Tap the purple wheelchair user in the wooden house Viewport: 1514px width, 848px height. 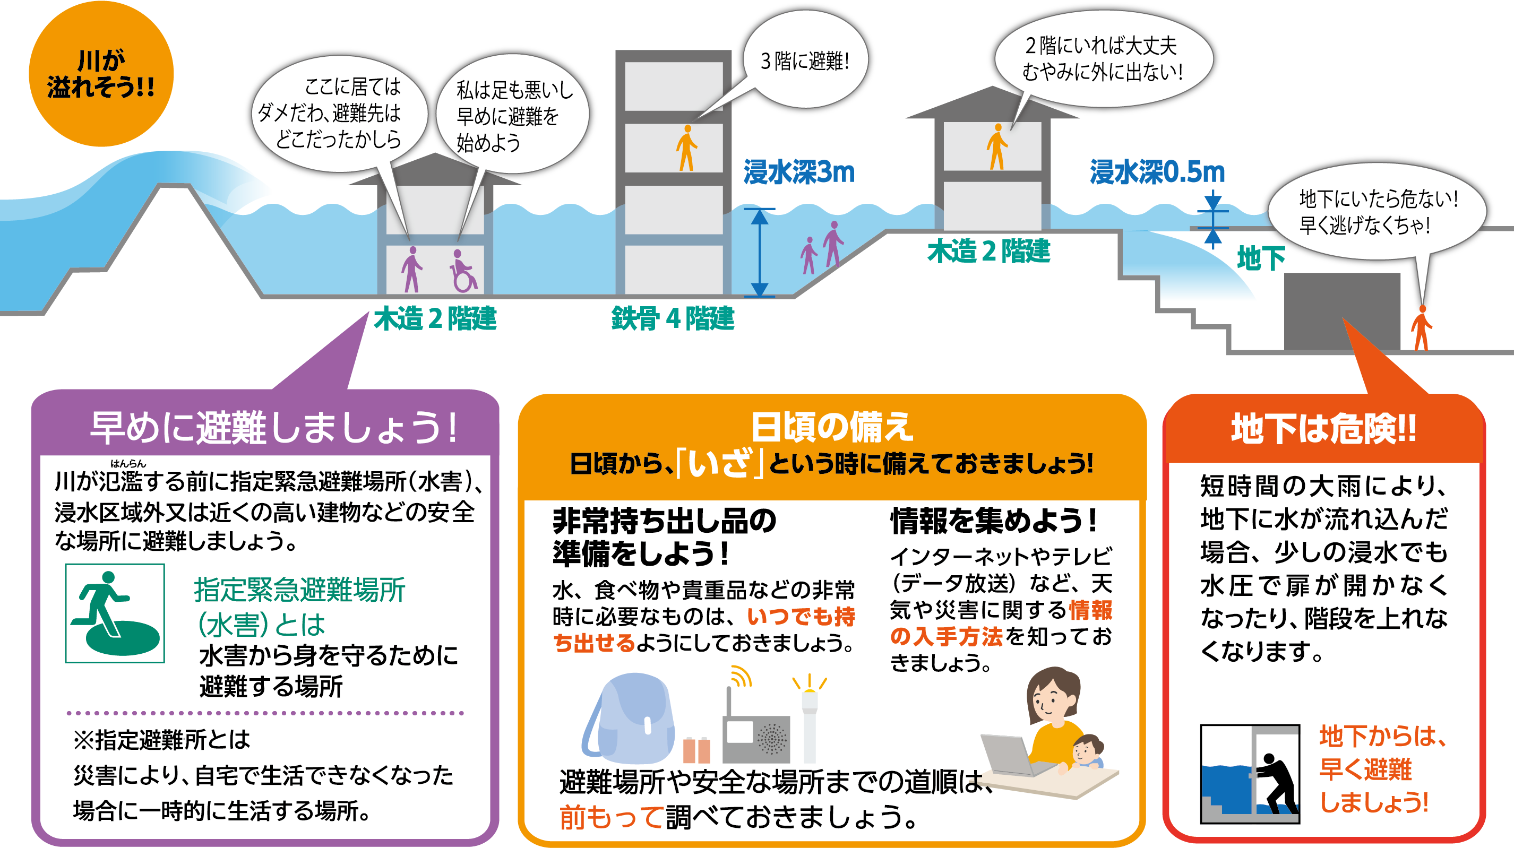click(463, 271)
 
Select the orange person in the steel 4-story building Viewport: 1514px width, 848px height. click(686, 148)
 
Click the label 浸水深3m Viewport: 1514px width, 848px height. click(798, 172)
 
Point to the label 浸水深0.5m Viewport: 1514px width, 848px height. click(1157, 172)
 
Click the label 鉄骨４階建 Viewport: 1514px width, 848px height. click(673, 318)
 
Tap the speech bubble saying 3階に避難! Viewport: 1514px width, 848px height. click(805, 60)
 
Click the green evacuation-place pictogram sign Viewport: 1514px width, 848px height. click(115, 613)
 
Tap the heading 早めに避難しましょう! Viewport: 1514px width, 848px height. click(274, 427)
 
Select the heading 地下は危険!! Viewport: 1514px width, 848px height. click(1323, 428)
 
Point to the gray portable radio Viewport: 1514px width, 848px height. click(756, 734)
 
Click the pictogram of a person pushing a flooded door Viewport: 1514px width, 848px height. click(1250, 774)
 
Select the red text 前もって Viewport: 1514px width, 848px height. click(611, 817)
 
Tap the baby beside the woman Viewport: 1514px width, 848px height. click(1087, 752)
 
